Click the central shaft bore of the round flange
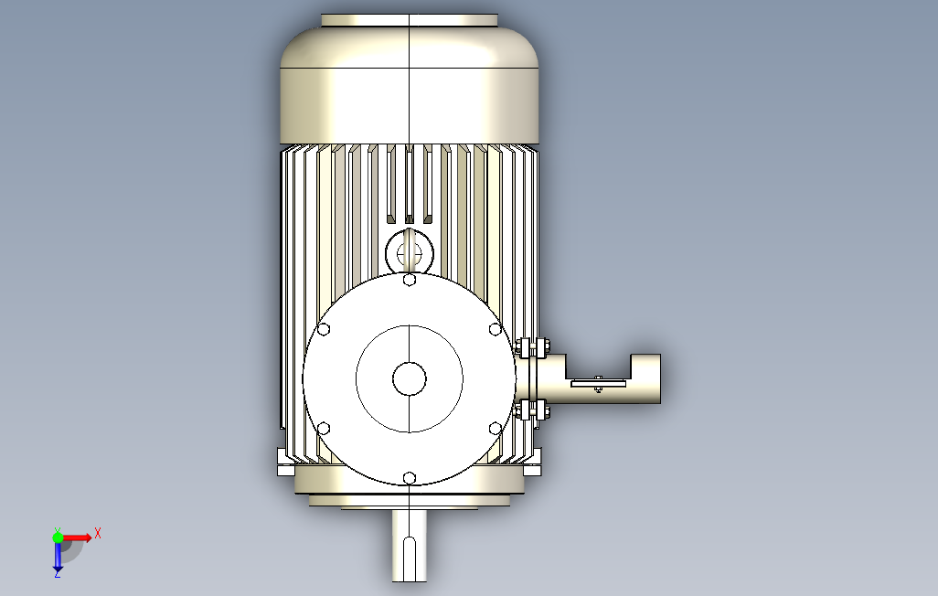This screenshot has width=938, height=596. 410,378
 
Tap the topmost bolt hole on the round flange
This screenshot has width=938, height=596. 410,280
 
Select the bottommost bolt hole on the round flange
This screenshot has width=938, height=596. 410,478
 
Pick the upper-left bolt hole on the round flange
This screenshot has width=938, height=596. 324,329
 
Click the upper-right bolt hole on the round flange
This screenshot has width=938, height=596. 496,329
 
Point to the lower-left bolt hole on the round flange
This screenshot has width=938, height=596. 324,429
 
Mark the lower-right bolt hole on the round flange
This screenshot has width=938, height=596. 496,429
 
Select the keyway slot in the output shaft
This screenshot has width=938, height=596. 410,559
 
